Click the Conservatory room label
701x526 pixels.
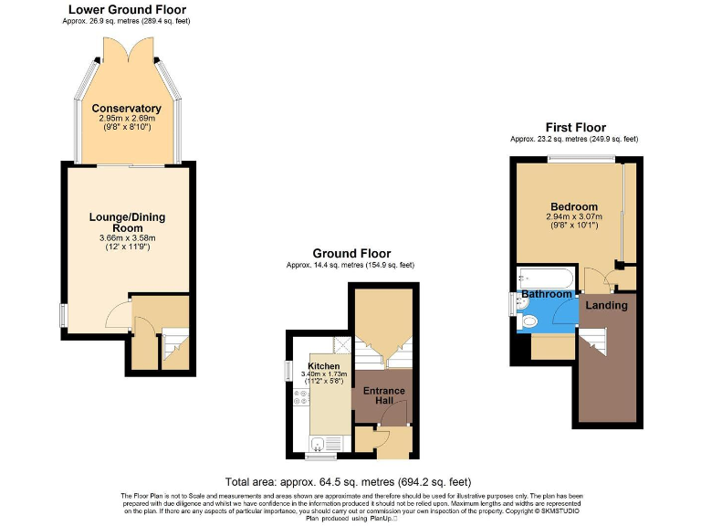[x=126, y=109]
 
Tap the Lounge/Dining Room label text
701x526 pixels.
[x=127, y=223]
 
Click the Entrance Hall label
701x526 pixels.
[x=383, y=395]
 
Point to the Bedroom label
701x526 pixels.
[x=574, y=206]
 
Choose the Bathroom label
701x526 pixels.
[x=547, y=294]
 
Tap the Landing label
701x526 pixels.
[x=606, y=305]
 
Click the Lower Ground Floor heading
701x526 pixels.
[x=128, y=10]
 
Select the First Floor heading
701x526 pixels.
[x=575, y=127]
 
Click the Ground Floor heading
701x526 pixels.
[x=351, y=253]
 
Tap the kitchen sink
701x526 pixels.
[x=317, y=445]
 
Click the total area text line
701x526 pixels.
[x=348, y=481]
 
